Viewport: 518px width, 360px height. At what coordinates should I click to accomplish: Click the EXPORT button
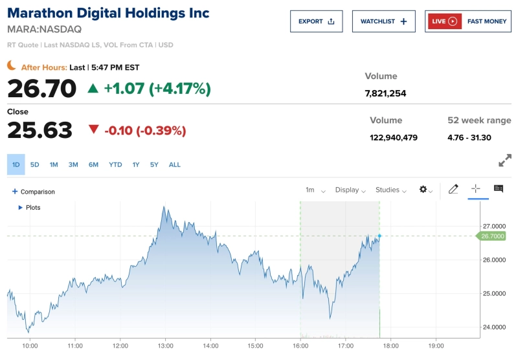(317, 21)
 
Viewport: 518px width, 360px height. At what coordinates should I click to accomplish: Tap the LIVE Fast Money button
(468, 21)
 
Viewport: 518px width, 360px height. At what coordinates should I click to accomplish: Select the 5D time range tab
(35, 164)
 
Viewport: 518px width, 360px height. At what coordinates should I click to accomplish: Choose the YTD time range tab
(115, 164)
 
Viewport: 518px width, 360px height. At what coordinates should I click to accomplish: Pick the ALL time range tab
(175, 164)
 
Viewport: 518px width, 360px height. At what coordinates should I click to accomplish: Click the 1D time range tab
(16, 164)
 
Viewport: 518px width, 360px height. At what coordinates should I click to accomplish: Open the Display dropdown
(350, 190)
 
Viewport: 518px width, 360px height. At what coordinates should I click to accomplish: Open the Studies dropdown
(391, 190)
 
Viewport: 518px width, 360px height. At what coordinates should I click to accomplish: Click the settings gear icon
(424, 190)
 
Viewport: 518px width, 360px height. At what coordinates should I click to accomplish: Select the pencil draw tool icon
(453, 189)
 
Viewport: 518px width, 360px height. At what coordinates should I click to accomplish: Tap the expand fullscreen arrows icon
(505, 160)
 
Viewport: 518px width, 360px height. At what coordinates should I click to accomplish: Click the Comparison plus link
(33, 192)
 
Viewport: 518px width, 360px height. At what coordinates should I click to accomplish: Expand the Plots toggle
(29, 207)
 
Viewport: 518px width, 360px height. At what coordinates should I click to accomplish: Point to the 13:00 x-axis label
(165, 346)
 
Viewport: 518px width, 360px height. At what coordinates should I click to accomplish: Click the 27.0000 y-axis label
(493, 226)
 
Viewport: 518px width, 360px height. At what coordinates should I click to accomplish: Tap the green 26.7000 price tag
(492, 236)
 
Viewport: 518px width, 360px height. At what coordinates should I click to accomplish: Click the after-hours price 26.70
(42, 89)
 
